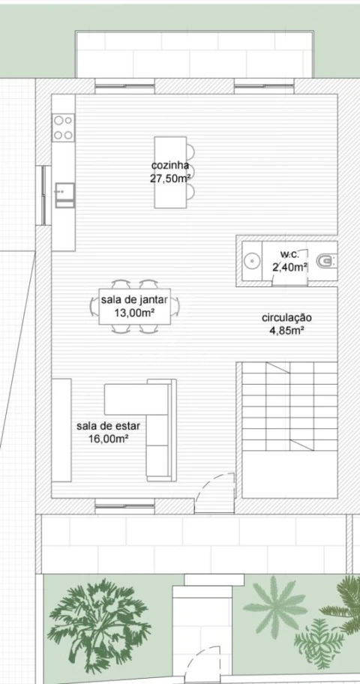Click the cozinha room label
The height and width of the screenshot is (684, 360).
[170, 166]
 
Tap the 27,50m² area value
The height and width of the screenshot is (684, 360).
[170, 178]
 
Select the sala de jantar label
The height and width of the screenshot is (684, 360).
[134, 300]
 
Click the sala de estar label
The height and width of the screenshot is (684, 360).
[108, 426]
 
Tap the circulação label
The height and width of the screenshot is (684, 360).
[286, 319]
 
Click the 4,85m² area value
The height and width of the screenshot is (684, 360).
[286, 331]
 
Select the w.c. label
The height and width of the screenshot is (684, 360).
[289, 254]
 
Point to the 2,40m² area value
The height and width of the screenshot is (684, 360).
[289, 267]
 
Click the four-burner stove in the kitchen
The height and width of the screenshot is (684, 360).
[63, 127]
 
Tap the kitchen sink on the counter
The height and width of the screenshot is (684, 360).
[64, 195]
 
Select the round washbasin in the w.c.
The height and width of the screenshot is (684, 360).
[252, 261]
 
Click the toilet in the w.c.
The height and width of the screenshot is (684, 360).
[327, 261]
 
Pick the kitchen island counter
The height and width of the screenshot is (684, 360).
[170, 172]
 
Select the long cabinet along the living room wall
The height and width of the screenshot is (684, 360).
[61, 430]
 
